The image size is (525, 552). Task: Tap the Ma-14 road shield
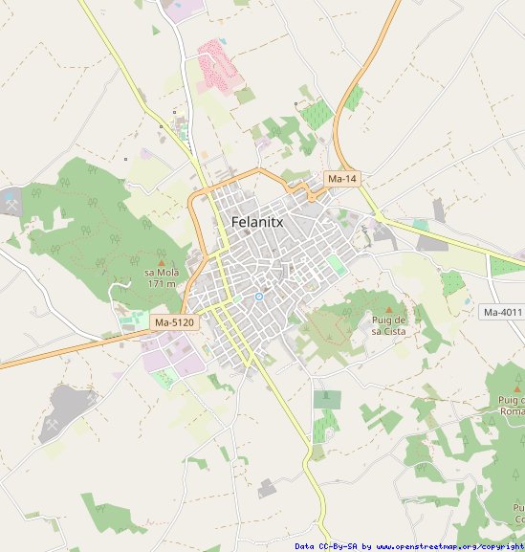[x=341, y=179]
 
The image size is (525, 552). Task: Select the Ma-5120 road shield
[x=174, y=323]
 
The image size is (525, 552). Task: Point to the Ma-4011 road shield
[x=503, y=312]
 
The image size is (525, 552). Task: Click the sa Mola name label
[x=161, y=273]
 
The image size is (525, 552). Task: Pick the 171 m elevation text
[x=161, y=283]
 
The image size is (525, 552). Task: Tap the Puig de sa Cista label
[x=389, y=324]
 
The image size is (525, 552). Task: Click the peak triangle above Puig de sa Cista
[x=389, y=308]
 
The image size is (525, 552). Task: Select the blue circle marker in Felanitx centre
[x=258, y=297]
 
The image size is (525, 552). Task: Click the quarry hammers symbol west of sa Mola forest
[x=11, y=203]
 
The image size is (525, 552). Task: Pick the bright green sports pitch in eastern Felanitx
[x=336, y=264]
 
